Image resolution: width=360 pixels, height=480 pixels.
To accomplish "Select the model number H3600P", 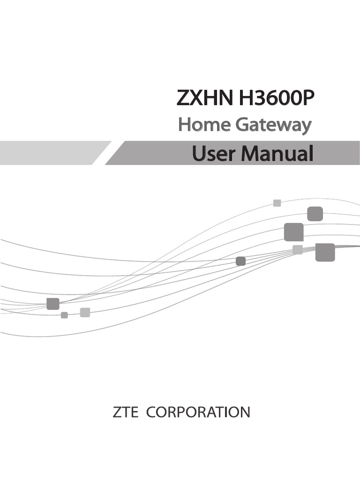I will coord(275,99).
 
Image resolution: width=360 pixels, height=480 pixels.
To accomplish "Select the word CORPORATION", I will coord(198,412).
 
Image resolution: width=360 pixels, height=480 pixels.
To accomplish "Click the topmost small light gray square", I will coord(277,203).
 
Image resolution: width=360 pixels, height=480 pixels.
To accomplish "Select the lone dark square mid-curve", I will coord(240,261).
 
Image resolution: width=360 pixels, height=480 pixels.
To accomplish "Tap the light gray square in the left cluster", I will coord(85,312).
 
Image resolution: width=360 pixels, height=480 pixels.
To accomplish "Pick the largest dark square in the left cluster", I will coord(53,304).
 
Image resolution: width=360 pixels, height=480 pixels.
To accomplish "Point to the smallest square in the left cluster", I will coord(64,315).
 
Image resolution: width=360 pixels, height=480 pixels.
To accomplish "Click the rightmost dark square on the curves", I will coord(325,252).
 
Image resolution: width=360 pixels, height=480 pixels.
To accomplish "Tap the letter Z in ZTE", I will coord(117,412).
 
